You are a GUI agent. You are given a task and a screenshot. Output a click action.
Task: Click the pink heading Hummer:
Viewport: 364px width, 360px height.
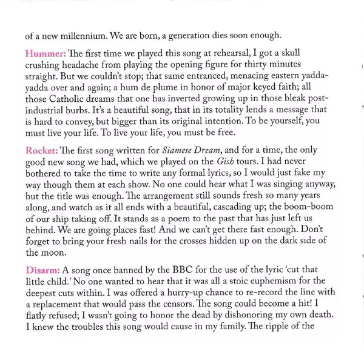45,53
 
